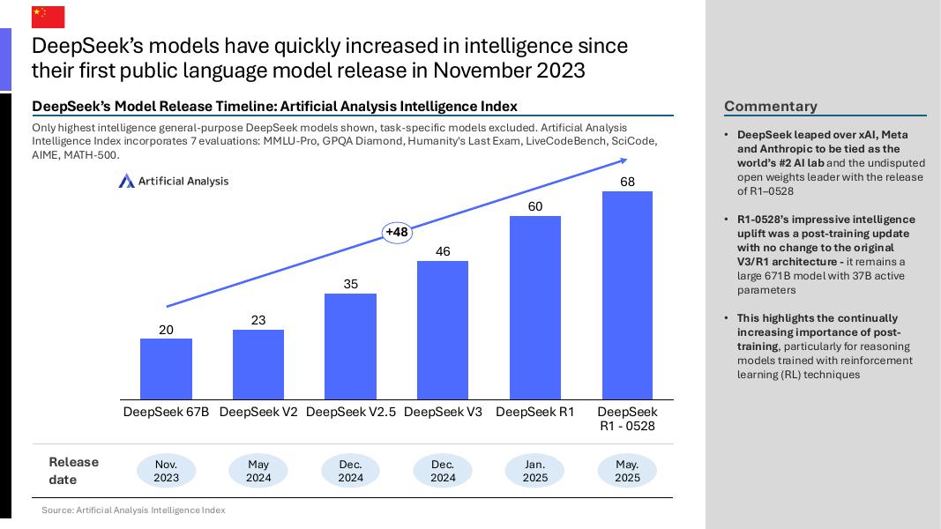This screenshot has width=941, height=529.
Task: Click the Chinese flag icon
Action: coord(49,16)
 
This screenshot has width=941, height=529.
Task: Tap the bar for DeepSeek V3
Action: coord(443,330)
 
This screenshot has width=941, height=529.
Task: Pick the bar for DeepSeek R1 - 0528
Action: coord(627,295)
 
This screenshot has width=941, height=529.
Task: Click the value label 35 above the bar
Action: coord(351,284)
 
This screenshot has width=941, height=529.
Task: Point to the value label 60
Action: coord(535,206)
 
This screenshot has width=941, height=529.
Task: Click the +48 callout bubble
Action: coord(397,232)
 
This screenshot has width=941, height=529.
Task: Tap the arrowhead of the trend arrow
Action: coord(623,160)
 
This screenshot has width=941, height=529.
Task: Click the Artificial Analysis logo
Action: coord(174,181)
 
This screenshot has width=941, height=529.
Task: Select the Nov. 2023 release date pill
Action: coord(166,471)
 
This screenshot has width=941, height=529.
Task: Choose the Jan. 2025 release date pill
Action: coord(535,471)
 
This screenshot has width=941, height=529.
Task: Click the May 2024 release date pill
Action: coord(258,471)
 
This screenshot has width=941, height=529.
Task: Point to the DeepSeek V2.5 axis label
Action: coord(351,412)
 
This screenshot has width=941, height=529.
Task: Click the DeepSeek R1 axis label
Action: coord(535,412)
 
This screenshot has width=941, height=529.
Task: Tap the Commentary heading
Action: coord(770,106)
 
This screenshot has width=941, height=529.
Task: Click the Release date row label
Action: coord(74,471)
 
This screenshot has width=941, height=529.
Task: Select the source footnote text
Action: coord(133,510)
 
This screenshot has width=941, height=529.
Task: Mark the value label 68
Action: coord(627,182)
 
